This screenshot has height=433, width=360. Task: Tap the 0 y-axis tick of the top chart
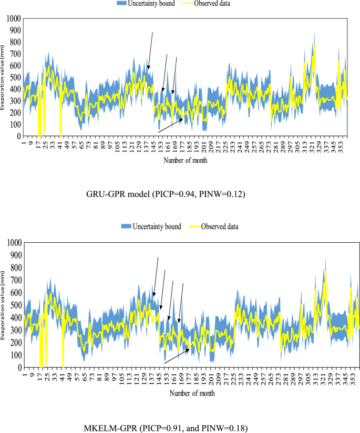(x=17, y=136)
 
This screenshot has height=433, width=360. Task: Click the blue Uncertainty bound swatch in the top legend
(x=125, y=4)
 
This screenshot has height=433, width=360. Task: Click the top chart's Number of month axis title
(x=184, y=160)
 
